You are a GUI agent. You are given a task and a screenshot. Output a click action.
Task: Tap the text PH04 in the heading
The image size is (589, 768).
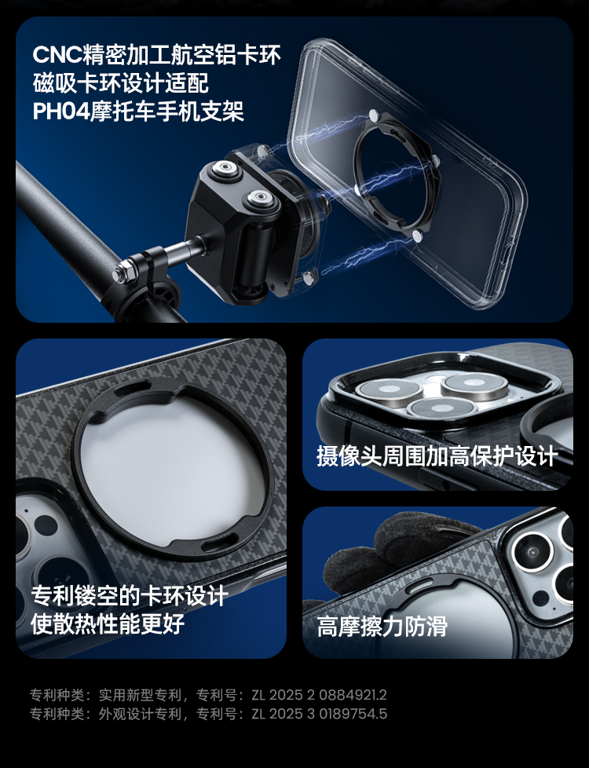pos(61,112)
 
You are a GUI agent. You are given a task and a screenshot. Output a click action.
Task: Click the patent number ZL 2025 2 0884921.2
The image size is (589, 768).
pos(319,694)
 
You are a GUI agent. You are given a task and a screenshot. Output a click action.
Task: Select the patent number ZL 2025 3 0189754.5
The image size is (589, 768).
pos(319,714)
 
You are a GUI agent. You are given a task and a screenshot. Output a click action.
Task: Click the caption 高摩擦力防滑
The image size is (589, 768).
pos(382,626)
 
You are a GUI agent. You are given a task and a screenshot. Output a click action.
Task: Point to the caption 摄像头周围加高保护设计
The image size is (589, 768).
pos(437,456)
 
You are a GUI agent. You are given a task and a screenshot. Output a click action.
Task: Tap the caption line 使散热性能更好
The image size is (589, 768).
pos(108,623)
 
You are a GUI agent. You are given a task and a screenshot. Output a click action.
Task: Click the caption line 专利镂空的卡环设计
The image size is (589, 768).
pos(130,595)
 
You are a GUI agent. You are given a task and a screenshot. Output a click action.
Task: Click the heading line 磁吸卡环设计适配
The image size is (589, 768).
pos(120,82)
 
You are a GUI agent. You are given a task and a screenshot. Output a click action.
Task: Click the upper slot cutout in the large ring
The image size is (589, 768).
pos(132,389)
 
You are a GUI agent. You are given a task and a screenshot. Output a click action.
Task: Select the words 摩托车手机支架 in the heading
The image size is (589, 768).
pos(167,112)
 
